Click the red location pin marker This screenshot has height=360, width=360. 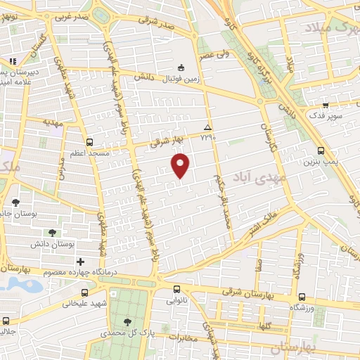pos(181,165)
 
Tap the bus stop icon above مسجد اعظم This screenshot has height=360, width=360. pos(89,141)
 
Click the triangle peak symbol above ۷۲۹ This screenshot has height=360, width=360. pos(207,127)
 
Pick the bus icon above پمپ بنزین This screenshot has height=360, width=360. pos(321,150)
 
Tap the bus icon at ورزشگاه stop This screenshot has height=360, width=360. pos(301,297)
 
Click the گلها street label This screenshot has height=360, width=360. pos(264,328)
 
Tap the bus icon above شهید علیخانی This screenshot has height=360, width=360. pos(84,292)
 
